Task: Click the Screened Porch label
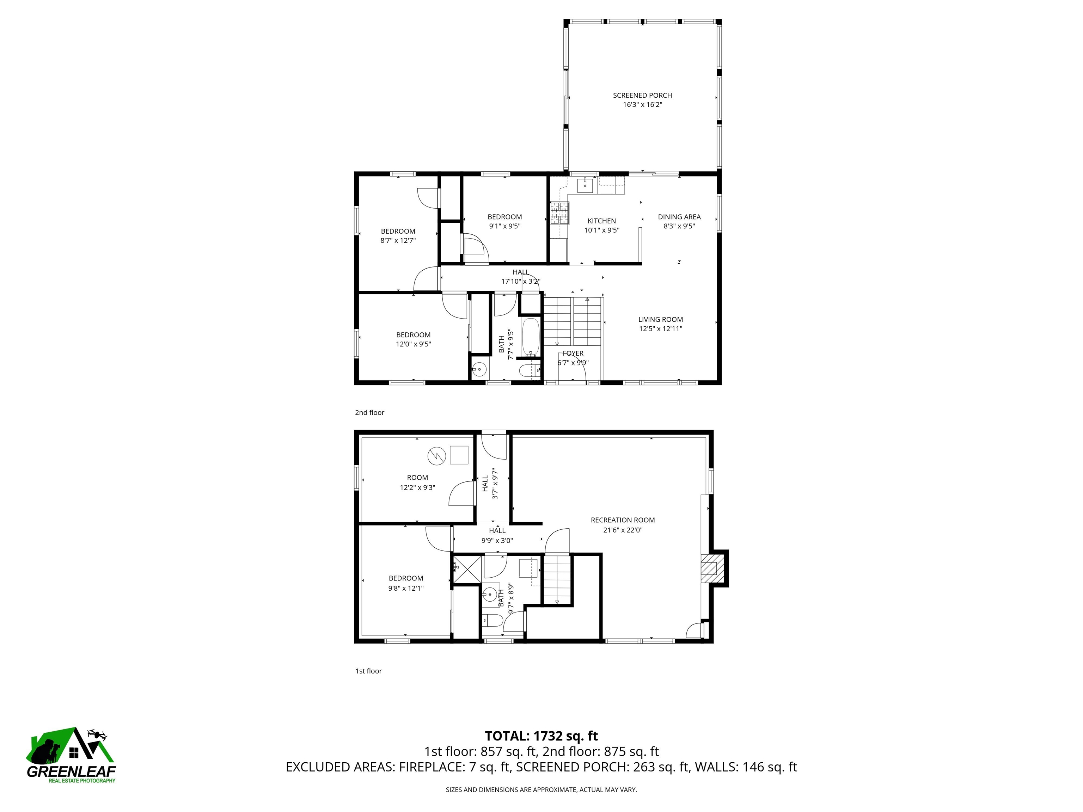click(x=642, y=100)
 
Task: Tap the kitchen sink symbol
click(x=585, y=185)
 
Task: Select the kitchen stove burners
click(x=559, y=214)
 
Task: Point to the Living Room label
click(x=660, y=324)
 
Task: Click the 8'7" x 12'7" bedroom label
click(x=398, y=235)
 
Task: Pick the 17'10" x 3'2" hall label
click(x=520, y=277)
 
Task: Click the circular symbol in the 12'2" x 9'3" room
click(x=437, y=456)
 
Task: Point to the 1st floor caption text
click(x=368, y=671)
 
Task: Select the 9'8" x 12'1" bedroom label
click(x=405, y=583)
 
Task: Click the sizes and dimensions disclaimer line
click(x=541, y=789)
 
